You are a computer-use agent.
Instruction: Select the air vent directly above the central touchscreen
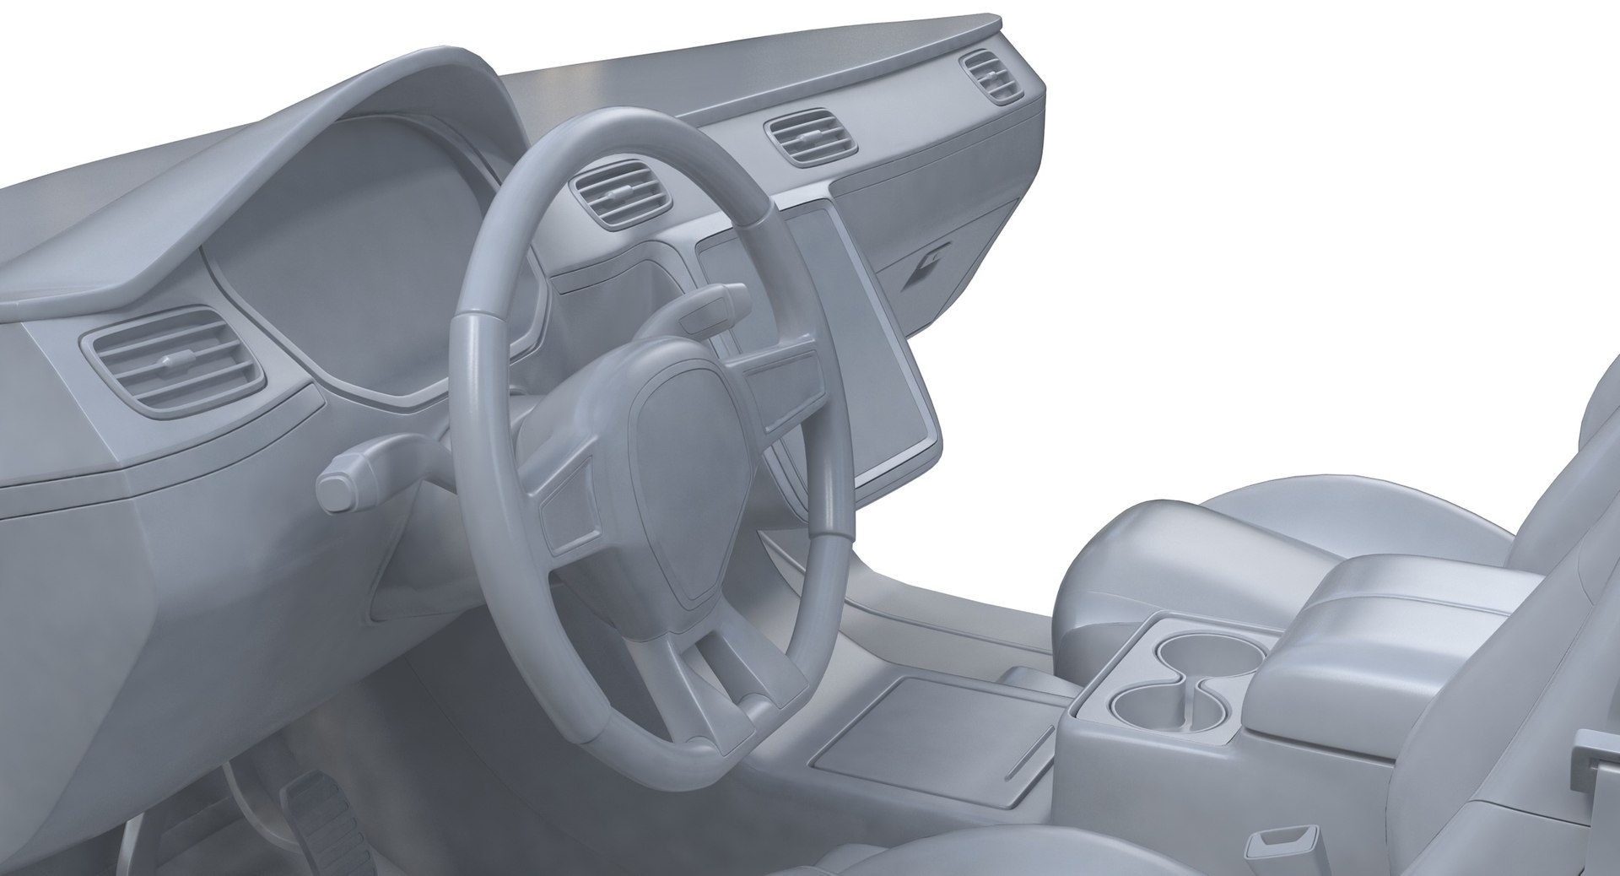pyautogui.click(x=809, y=139)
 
